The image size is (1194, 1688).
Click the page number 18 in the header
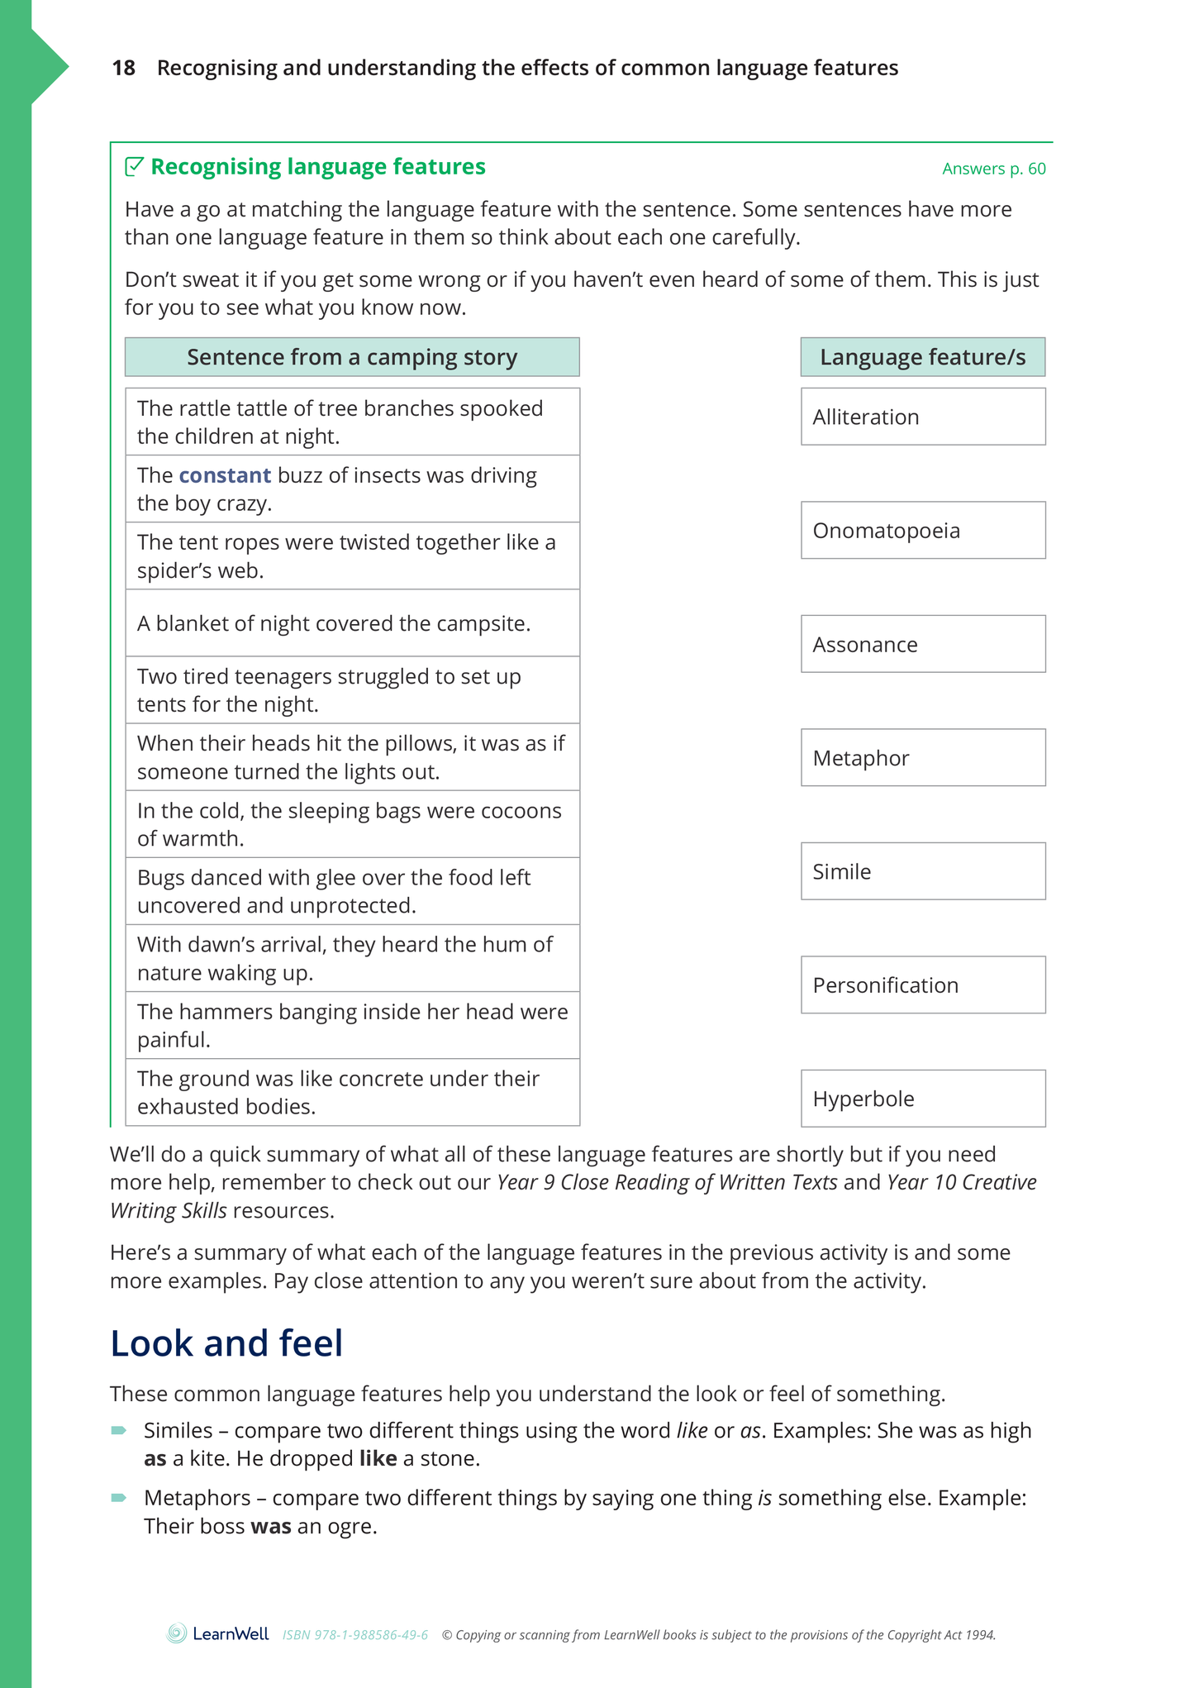[x=123, y=68]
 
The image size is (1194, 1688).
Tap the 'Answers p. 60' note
[x=993, y=169]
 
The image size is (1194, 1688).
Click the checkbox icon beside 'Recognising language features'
[x=134, y=167]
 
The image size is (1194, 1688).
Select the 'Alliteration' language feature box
[x=922, y=417]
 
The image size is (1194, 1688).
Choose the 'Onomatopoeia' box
[x=922, y=530]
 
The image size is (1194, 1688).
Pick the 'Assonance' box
[x=922, y=644]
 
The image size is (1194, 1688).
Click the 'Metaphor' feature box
[x=922, y=757]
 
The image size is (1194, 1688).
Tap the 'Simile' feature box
[x=922, y=871]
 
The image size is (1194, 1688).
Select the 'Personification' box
[x=922, y=985]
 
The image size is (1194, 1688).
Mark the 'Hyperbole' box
[x=922, y=1099]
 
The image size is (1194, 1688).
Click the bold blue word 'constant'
[x=225, y=475]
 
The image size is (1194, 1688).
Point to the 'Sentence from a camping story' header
[x=352, y=357]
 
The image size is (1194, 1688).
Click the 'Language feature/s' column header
[x=922, y=357]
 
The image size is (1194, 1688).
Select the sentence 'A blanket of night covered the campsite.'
[x=334, y=623]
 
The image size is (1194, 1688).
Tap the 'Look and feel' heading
[x=226, y=1342]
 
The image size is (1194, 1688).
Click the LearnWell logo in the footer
[x=218, y=1633]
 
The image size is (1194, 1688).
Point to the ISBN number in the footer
[x=355, y=1635]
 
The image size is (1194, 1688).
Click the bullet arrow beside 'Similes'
[x=118, y=1430]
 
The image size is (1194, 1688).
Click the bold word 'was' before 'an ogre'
[x=271, y=1526]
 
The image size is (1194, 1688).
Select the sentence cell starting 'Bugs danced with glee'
[x=352, y=891]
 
